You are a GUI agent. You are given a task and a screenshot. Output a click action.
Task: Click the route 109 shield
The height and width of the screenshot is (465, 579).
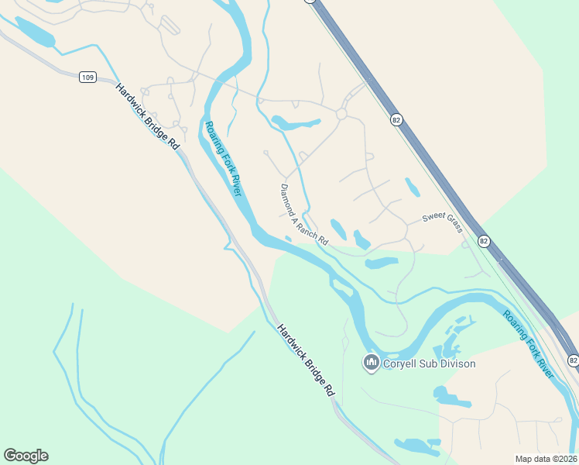pyautogui.click(x=87, y=77)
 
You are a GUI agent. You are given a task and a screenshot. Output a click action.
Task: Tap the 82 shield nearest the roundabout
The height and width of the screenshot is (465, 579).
pyautogui.click(x=396, y=120)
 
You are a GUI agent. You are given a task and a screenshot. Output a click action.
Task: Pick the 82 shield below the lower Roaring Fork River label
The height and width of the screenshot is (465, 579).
pyautogui.click(x=572, y=360)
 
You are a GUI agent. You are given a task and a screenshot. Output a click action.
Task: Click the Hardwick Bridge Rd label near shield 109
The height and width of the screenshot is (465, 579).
pyautogui.click(x=147, y=116)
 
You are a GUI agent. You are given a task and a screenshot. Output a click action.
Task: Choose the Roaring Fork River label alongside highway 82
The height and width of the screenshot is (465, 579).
pyautogui.click(x=529, y=344)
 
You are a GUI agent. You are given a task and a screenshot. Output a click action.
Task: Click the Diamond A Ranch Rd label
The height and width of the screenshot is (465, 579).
pyautogui.click(x=303, y=215)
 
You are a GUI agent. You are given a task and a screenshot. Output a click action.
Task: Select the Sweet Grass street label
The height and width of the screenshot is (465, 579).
pyautogui.click(x=442, y=222)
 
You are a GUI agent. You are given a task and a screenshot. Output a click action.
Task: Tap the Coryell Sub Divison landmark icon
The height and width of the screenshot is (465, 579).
pyautogui.click(x=371, y=363)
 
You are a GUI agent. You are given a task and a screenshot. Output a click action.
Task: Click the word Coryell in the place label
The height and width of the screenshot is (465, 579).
pyautogui.click(x=401, y=363)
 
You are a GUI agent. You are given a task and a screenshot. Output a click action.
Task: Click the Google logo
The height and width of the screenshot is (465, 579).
pyautogui.click(x=26, y=456)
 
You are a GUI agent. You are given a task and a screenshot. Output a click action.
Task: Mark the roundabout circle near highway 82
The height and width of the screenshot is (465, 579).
pyautogui.click(x=341, y=115)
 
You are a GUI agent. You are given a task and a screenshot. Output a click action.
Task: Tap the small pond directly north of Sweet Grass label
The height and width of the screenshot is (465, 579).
pyautogui.click(x=413, y=187)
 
